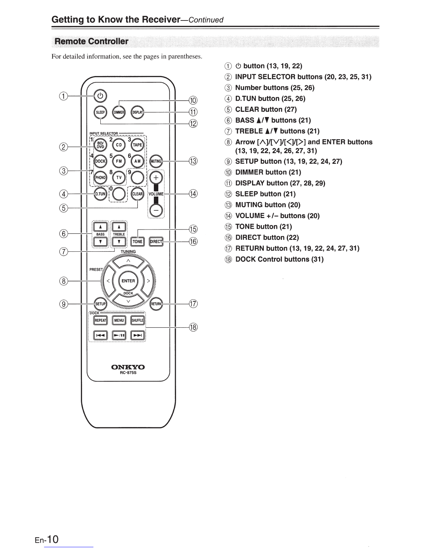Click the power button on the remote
100,96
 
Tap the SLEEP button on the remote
100,112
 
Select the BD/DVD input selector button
100,145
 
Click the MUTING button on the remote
156,161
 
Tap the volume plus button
156,178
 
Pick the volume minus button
156,210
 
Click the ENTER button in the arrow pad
128,281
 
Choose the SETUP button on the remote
100,304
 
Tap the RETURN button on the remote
156,304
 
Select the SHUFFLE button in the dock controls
137,320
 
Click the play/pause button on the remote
119,335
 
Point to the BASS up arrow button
100,227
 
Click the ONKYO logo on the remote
128,367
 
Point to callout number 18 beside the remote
193,327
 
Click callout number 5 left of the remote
64,208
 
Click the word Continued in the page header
206,20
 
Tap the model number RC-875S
128,373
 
